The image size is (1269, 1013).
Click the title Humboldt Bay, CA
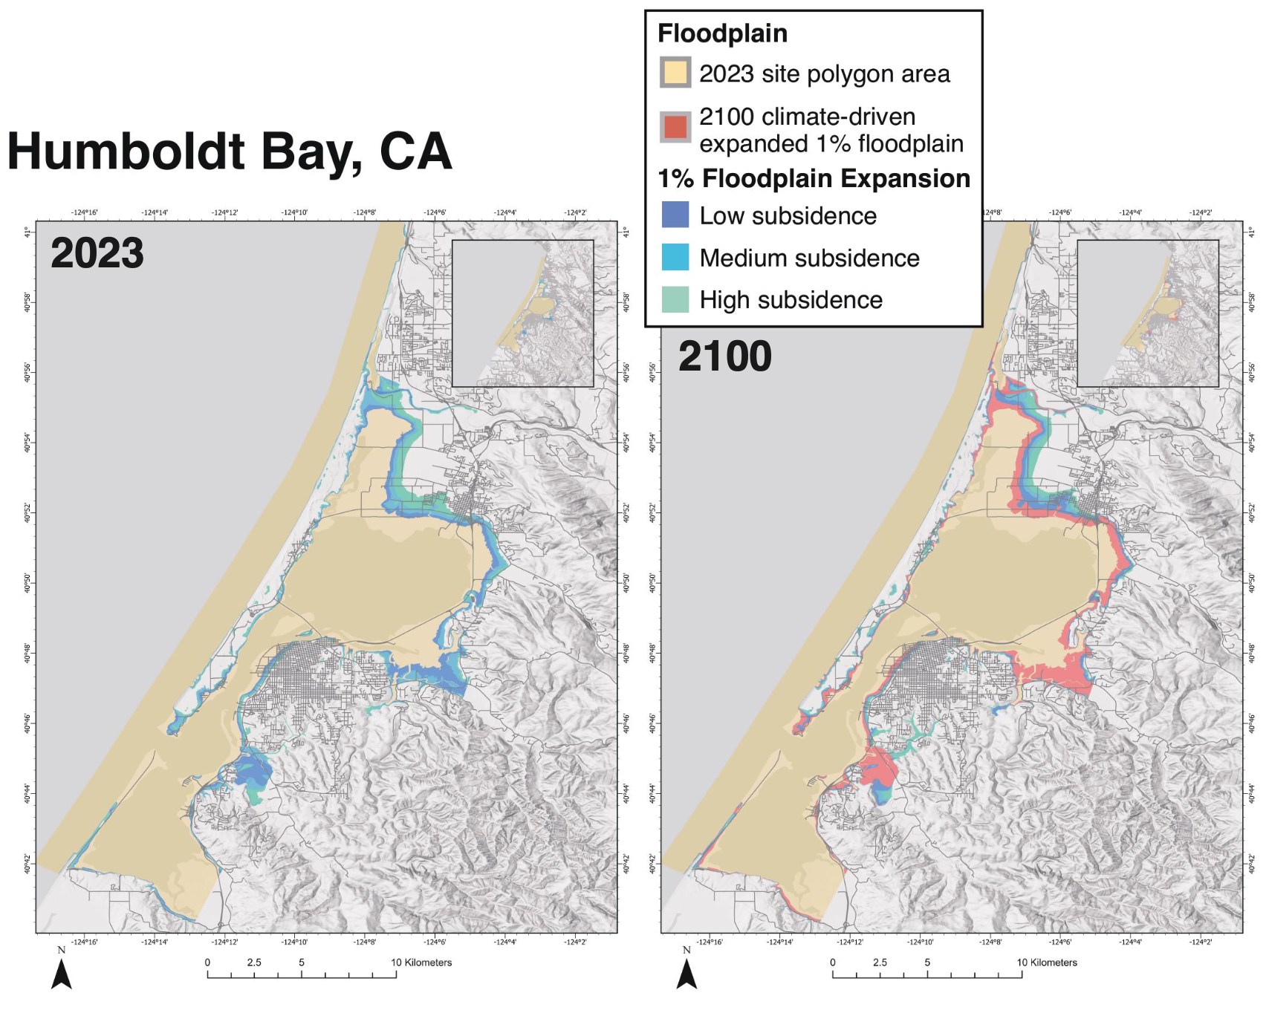click(x=230, y=152)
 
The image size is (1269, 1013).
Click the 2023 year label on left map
click(x=97, y=253)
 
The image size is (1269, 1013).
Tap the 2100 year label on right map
click(x=725, y=356)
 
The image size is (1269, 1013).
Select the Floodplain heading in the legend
click(x=722, y=33)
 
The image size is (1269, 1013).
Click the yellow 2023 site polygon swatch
click(x=675, y=73)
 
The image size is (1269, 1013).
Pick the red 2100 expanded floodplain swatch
click(x=675, y=127)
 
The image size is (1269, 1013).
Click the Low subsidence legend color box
click(x=675, y=215)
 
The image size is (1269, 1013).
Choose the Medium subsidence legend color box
click(x=675, y=257)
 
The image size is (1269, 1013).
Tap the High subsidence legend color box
click(x=675, y=299)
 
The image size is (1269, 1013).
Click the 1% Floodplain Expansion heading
click(x=814, y=178)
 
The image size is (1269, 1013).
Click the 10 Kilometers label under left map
click(x=421, y=962)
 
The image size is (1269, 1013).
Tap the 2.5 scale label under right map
click(x=880, y=962)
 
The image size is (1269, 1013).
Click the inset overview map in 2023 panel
click(x=522, y=313)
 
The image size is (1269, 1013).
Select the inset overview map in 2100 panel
click(x=1147, y=313)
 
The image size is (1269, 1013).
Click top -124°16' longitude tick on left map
click(x=84, y=212)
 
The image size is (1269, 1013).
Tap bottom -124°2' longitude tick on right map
click(x=1201, y=942)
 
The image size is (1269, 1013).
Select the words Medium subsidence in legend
click(x=809, y=258)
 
